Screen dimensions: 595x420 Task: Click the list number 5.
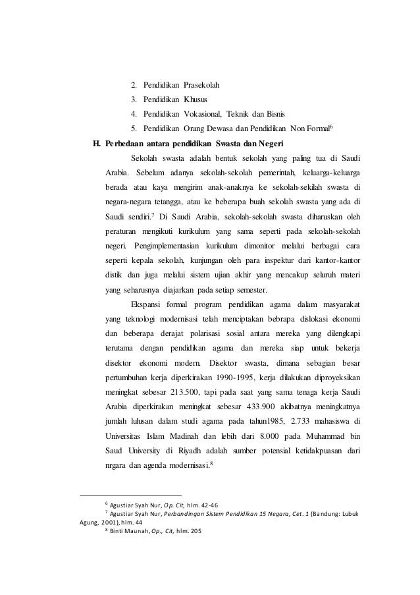[x=134, y=129]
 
